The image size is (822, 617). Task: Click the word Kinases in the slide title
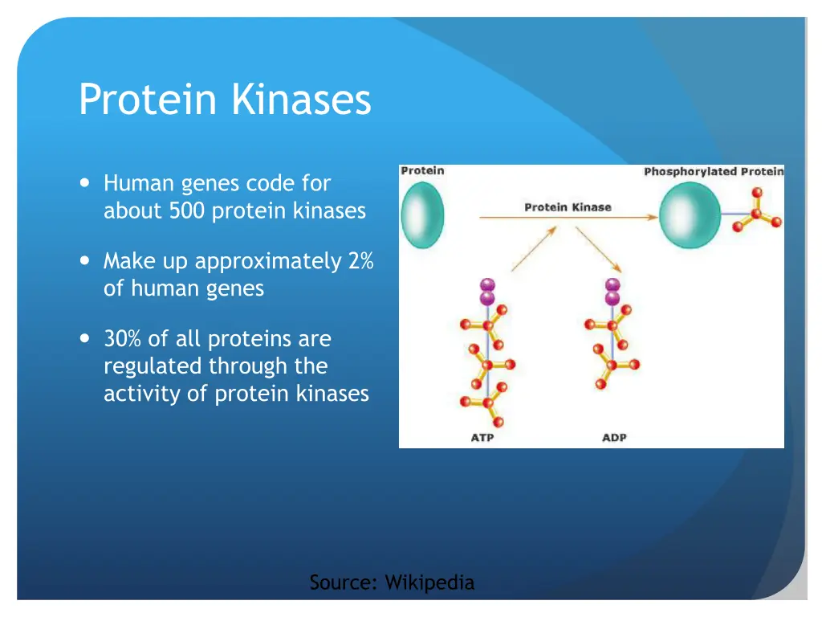tap(302, 99)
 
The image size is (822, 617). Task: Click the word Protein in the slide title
tap(148, 99)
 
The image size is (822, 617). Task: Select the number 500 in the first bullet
tap(186, 211)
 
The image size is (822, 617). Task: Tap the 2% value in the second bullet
tap(360, 261)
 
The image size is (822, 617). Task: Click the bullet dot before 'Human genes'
tap(85, 182)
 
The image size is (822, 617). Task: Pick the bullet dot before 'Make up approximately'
tap(85, 260)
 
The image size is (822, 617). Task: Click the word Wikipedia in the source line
tap(429, 582)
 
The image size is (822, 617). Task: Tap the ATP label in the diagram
tap(482, 438)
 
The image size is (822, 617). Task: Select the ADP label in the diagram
tap(614, 438)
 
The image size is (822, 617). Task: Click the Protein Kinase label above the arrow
tap(568, 207)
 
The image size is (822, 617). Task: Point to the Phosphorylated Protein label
tap(714, 172)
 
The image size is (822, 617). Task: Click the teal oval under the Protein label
tap(422, 215)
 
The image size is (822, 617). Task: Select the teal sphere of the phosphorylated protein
tap(690, 215)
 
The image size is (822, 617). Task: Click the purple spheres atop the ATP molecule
tap(487, 292)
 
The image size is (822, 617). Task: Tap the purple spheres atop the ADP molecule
tap(612, 292)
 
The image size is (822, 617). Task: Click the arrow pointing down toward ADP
tap(599, 249)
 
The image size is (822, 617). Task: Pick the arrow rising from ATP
tap(534, 249)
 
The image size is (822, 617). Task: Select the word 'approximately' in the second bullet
tap(268, 262)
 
